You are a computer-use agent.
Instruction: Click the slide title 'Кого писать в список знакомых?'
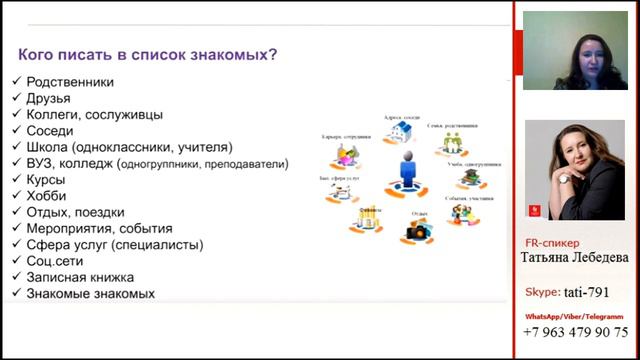click(149, 54)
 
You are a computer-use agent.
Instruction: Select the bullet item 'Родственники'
click(70, 82)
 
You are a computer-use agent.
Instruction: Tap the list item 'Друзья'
click(49, 98)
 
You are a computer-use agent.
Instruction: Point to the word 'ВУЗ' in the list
click(41, 163)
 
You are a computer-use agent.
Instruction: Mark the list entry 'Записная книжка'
click(81, 277)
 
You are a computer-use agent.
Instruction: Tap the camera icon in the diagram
click(416, 231)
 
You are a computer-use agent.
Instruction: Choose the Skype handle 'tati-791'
click(600, 292)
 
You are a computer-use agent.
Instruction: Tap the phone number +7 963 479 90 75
click(577, 332)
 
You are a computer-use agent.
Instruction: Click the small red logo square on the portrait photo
click(534, 210)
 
